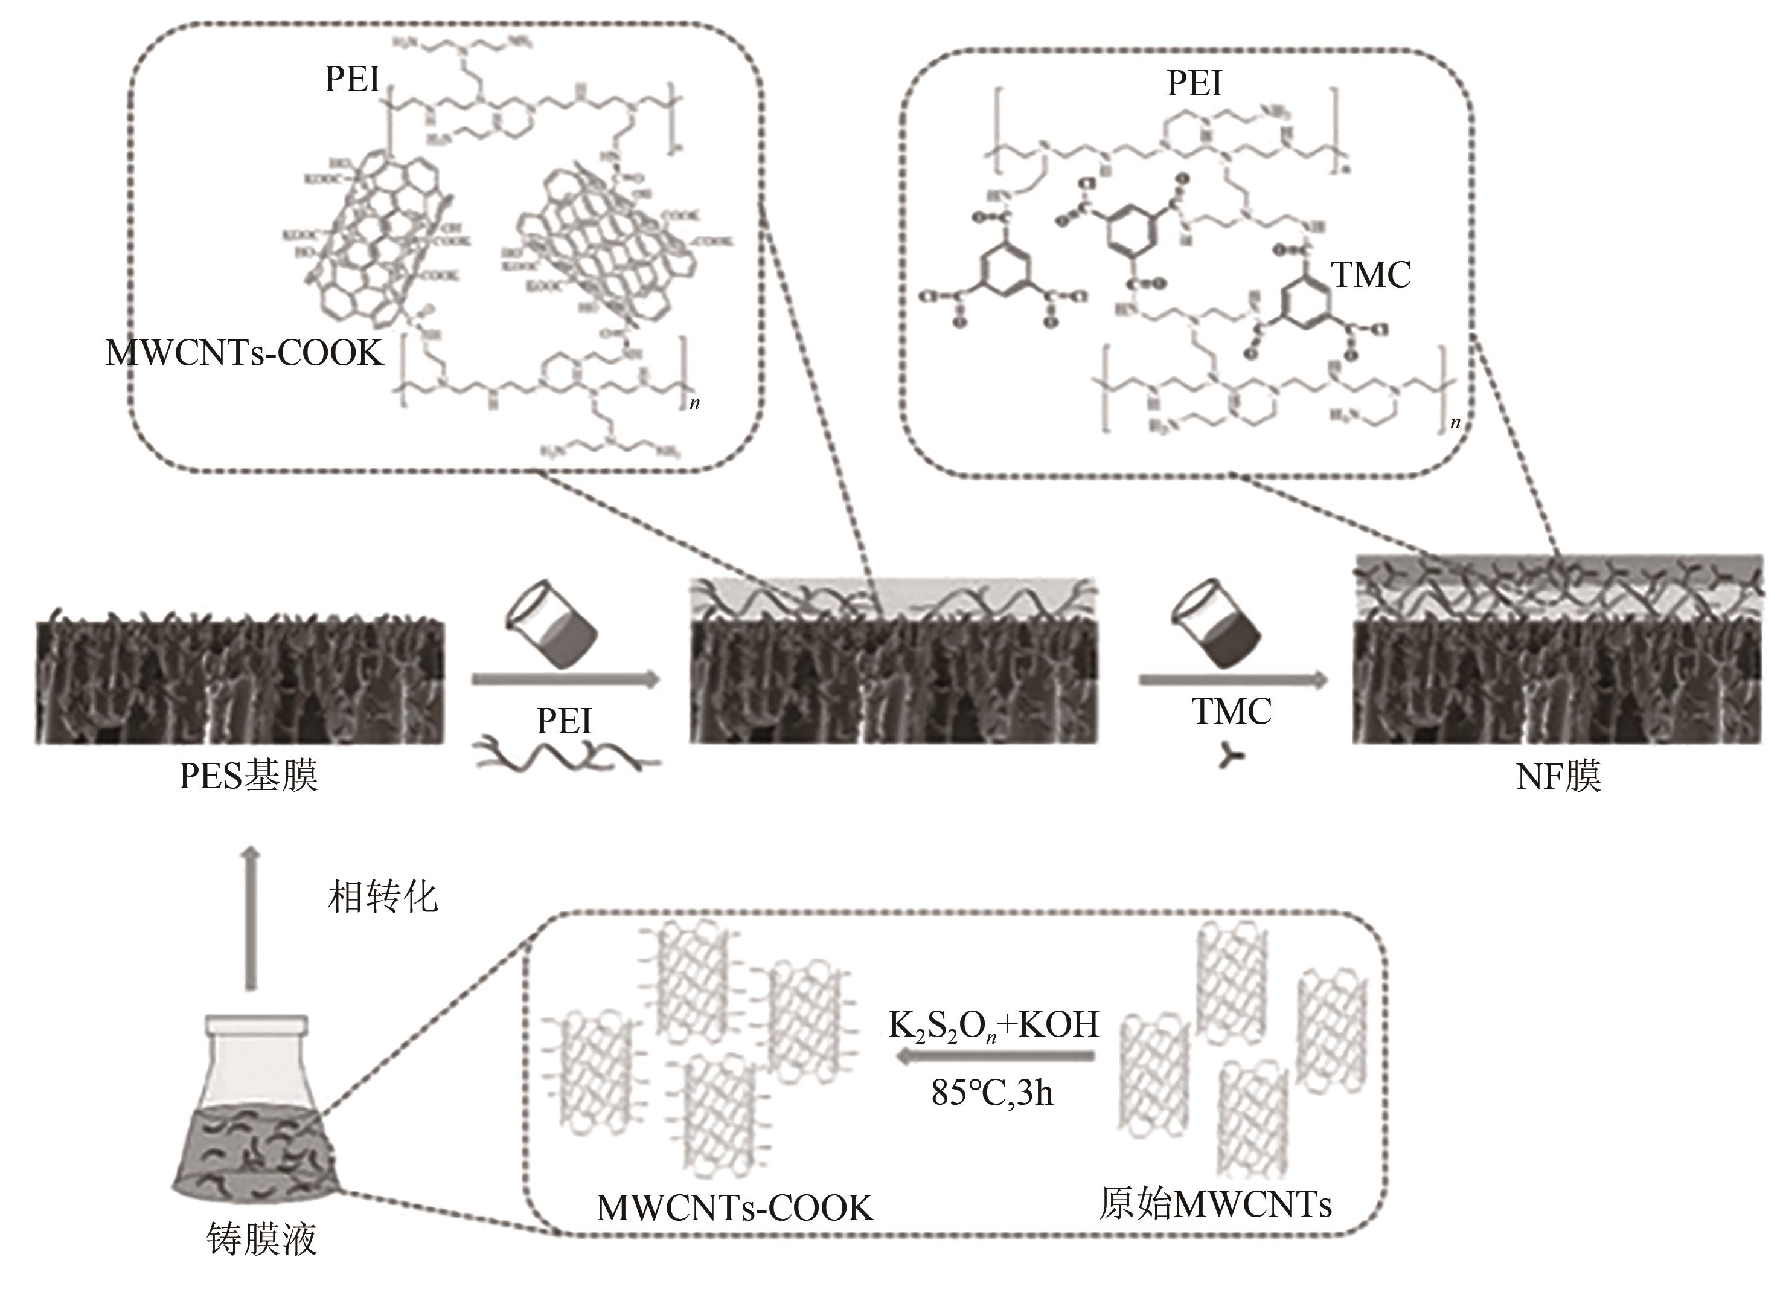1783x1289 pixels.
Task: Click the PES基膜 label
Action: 248,777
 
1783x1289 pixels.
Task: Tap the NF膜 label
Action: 1558,777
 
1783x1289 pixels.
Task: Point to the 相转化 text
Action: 382,896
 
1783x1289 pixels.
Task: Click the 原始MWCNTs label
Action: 1215,1204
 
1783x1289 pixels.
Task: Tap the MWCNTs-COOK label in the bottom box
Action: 735,1208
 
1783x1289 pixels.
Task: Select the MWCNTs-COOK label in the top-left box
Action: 245,354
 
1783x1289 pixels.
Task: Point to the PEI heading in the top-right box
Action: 1194,83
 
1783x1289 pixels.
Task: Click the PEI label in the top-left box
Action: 352,80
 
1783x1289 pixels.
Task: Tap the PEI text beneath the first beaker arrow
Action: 564,721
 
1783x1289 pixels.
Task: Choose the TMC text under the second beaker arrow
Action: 1231,712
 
